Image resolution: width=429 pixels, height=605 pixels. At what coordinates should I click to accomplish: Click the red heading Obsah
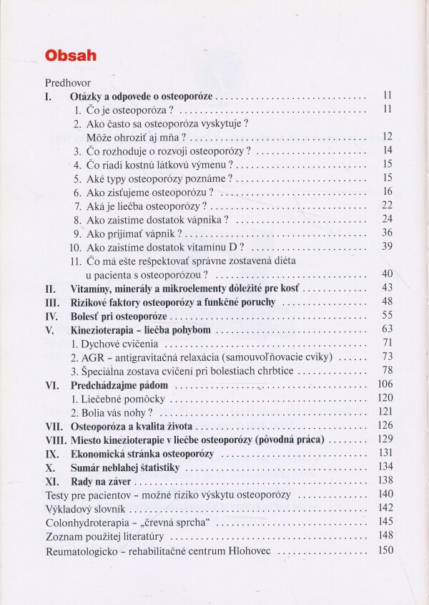(71, 56)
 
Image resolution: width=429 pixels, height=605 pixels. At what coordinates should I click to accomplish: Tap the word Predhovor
(67, 82)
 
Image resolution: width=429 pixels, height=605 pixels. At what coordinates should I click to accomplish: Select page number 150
(386, 550)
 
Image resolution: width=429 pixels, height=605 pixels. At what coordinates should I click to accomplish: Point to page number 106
(385, 384)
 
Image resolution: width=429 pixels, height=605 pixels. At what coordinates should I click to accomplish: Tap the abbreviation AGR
(93, 357)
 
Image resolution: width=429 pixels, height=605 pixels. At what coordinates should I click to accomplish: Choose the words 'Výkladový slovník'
(85, 508)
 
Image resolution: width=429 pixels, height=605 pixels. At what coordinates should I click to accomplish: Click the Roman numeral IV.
(51, 316)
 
